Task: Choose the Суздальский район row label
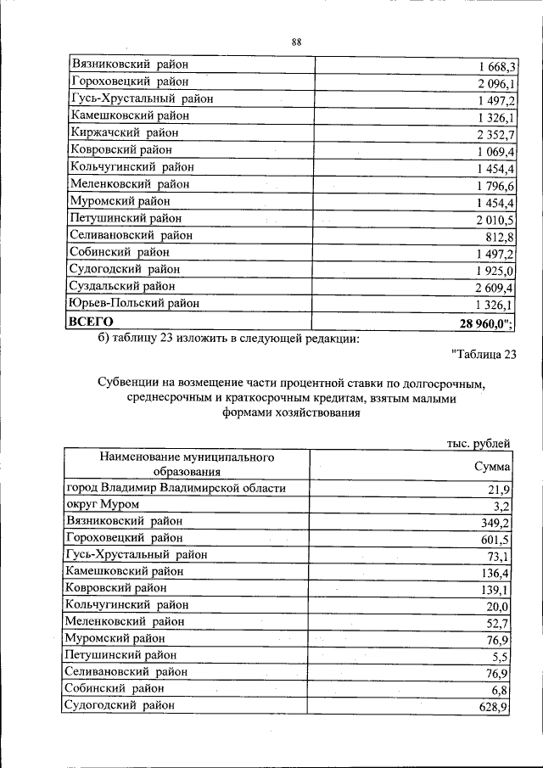(123, 286)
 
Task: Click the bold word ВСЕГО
(91, 322)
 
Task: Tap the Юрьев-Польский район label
(136, 303)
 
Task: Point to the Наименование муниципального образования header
(187, 465)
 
